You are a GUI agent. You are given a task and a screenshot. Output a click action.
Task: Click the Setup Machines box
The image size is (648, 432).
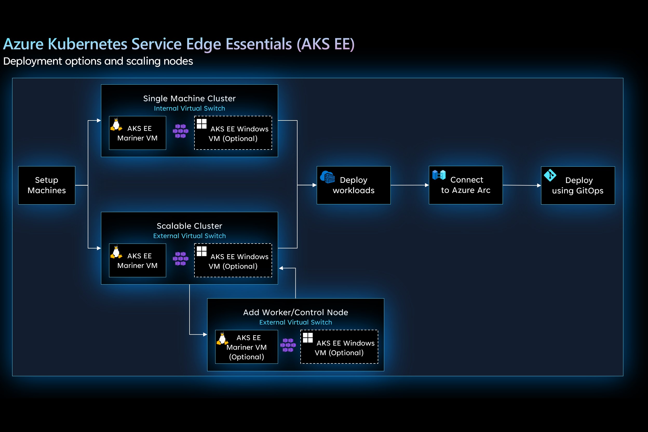pos(46,185)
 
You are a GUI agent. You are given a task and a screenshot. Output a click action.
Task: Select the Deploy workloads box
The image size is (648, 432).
pos(354,185)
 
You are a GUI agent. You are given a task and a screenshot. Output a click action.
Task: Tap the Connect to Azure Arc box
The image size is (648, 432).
pos(465,185)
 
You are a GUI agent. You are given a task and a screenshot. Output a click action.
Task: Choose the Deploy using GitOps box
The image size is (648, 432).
pos(578,185)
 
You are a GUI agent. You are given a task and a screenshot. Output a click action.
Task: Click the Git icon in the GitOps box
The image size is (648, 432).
pos(550,175)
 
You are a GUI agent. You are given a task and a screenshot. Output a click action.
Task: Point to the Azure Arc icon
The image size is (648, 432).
pos(439,175)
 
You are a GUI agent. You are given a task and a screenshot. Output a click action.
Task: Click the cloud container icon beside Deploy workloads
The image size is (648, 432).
pos(328,177)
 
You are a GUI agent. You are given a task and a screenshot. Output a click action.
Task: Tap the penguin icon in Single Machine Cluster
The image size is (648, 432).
pos(116,125)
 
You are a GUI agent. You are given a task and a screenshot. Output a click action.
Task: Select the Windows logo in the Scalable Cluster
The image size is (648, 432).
pos(201,251)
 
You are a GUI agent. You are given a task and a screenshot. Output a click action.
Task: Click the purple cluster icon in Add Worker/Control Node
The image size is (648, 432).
pos(288,345)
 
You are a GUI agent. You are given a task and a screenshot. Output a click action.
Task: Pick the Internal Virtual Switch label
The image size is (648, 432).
pos(189,108)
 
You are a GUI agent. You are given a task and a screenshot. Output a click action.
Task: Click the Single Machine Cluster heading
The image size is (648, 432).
pos(189,98)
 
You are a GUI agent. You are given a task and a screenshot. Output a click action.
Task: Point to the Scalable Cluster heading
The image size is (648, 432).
pos(189,226)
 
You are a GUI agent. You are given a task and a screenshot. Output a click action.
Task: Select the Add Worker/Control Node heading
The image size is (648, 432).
pos(295,312)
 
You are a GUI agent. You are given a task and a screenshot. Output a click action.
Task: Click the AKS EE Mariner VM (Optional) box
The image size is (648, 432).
pos(246,347)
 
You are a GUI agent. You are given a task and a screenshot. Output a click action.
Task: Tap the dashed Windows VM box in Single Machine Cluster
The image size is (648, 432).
pos(233,133)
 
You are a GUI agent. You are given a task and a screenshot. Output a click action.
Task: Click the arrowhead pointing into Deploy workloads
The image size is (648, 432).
pos(314,185)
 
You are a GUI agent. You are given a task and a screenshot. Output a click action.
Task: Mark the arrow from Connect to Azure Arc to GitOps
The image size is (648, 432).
pos(522,185)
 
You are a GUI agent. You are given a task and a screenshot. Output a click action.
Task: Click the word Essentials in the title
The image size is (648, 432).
pos(258,44)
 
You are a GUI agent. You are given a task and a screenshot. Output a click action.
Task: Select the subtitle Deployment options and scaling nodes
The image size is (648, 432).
pos(98,61)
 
